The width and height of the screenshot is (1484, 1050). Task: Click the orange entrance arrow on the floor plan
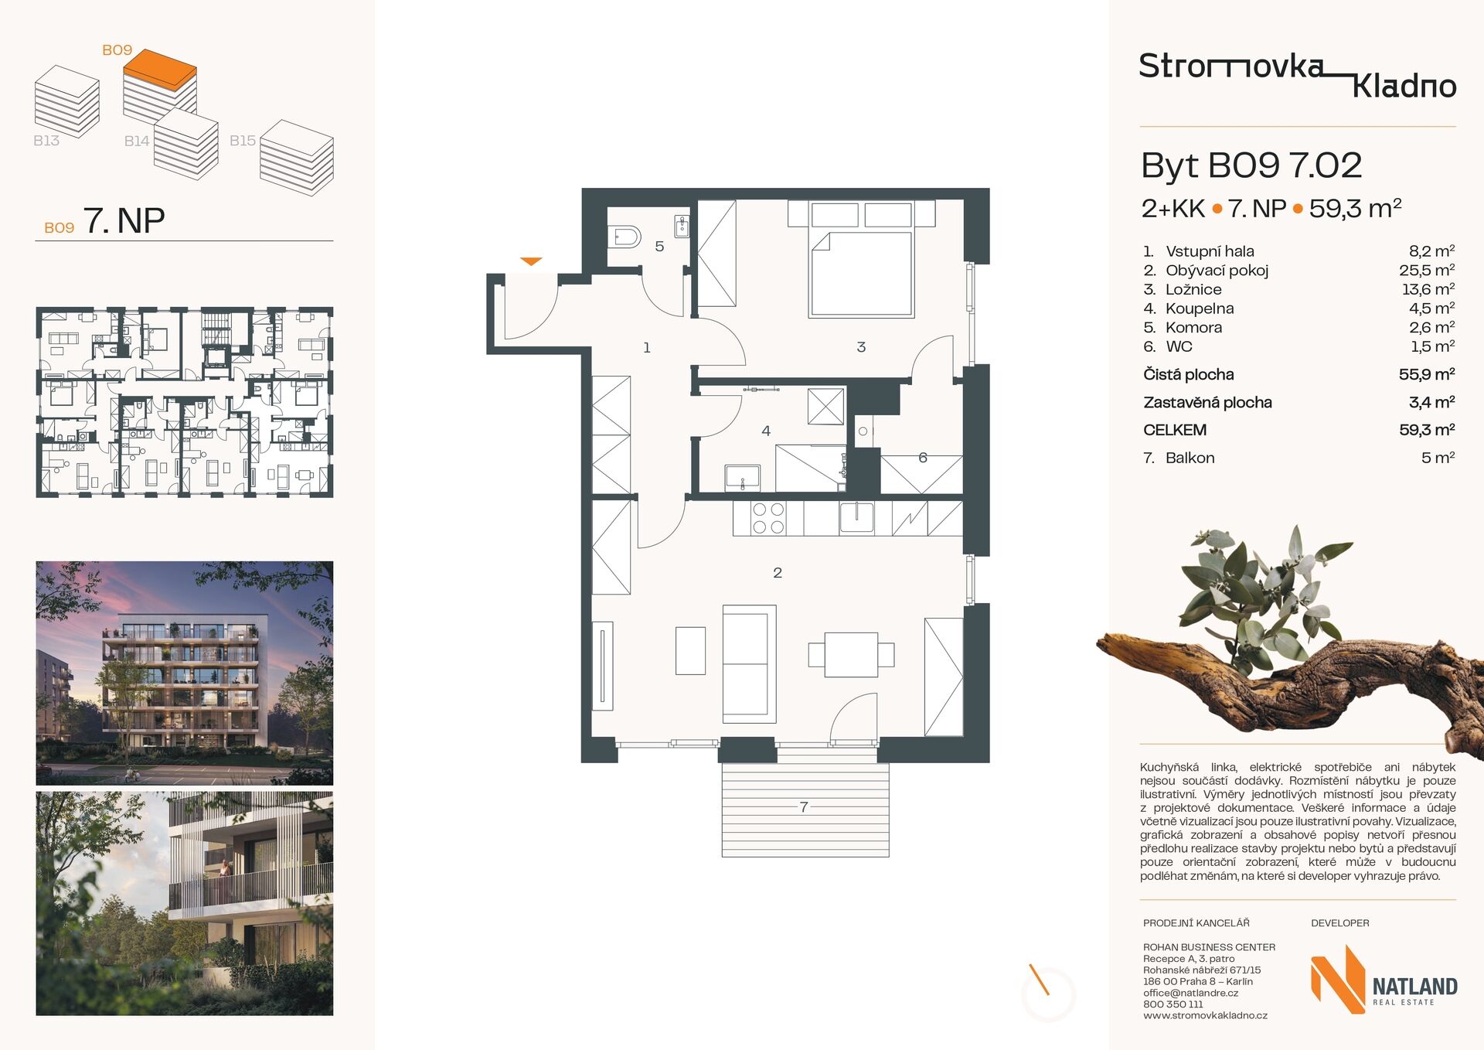coord(531,261)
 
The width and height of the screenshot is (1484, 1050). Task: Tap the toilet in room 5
coord(625,236)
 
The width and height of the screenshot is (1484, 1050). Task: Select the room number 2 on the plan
coord(778,573)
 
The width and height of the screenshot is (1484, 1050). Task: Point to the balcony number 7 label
coord(804,807)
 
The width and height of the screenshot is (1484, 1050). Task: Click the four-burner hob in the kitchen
coord(768,518)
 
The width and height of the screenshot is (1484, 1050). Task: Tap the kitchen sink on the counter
coord(857,517)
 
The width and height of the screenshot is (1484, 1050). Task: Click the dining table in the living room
coord(851,655)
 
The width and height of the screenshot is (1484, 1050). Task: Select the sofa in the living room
coord(749,664)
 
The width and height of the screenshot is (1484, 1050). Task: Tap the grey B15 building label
coord(243,141)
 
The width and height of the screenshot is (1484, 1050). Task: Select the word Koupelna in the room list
coord(1200,309)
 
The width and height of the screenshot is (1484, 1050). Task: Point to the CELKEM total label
coord(1175,430)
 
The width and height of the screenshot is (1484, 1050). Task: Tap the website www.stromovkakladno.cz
coord(1205,1015)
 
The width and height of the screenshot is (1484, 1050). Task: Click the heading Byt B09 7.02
coord(1251,165)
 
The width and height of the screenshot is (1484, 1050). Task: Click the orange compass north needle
coord(1039,979)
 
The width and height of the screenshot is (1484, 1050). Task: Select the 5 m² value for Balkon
coord(1438,458)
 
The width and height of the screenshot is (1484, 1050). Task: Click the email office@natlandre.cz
coord(1190,993)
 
